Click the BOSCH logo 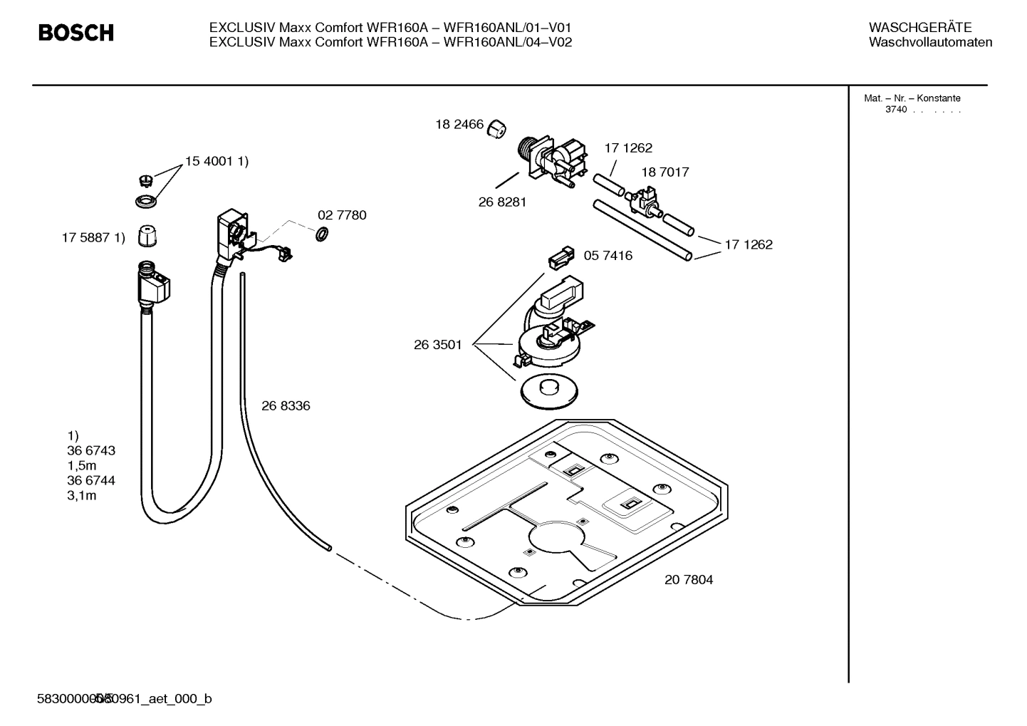(75, 33)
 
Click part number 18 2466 (459, 125)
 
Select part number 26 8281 (502, 202)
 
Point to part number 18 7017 (664, 172)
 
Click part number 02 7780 (342, 215)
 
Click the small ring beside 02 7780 (321, 234)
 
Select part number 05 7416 (608, 256)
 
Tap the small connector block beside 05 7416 (560, 259)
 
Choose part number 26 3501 (438, 345)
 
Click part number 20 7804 (689, 580)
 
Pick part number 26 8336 (286, 406)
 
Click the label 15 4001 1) (217, 162)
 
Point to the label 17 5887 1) (93, 238)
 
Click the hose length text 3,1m (82, 496)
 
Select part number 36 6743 (91, 451)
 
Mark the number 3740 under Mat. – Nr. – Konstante (896, 110)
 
